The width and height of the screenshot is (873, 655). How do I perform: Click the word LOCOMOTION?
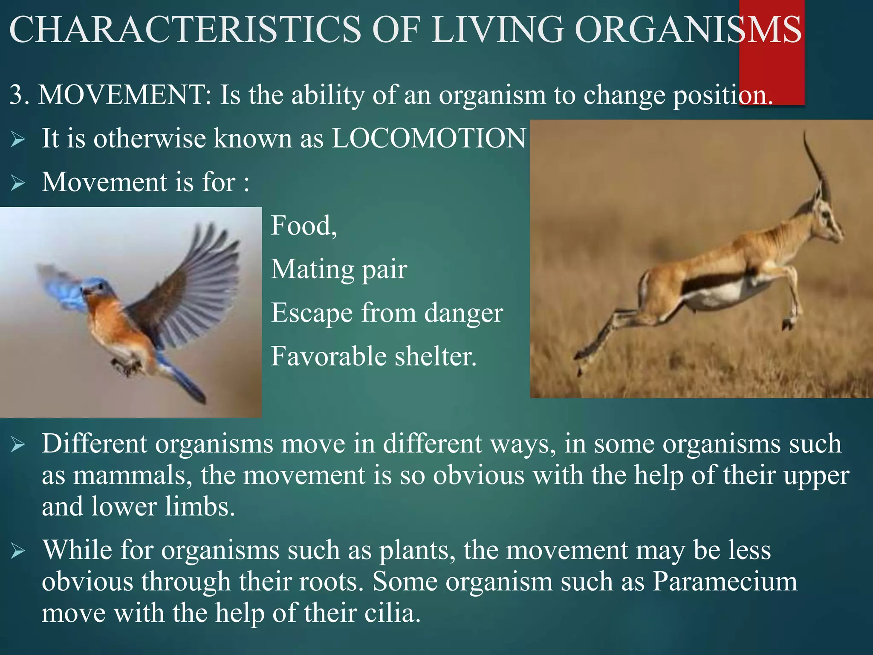pos(428,139)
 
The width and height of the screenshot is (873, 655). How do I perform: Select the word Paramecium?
pos(725,582)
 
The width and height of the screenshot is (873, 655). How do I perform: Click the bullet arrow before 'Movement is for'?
pos(18,183)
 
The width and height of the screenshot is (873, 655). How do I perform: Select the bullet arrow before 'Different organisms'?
pos(18,445)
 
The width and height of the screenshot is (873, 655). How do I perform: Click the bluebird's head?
pos(96,288)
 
